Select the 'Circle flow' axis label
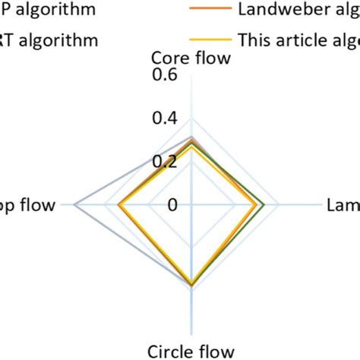pyautogui.click(x=191, y=350)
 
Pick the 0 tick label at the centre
pyautogui.click(x=172, y=204)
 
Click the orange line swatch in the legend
pyautogui.click(x=208, y=9)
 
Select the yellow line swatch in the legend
pyautogui.click(x=208, y=39)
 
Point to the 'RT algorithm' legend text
pyautogui.click(x=49, y=39)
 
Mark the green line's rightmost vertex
pyautogui.click(x=263, y=204)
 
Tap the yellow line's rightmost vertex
pyautogui.click(x=255, y=204)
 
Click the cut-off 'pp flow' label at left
pyautogui.click(x=29, y=204)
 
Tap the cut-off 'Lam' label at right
pyautogui.click(x=343, y=204)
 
